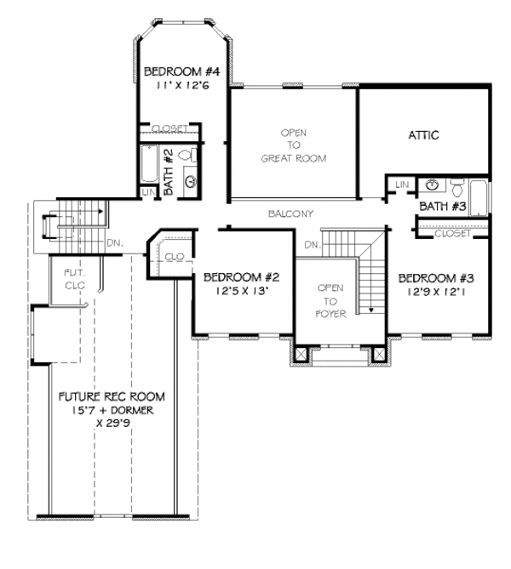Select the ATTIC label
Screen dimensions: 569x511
pos(423,135)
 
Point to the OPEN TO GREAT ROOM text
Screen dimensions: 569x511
pos(293,145)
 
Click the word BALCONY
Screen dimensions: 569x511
pos(290,213)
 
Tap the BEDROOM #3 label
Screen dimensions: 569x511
pos(430,277)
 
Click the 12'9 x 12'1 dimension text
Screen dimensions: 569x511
pos(430,293)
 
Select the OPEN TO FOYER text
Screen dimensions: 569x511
pos(330,300)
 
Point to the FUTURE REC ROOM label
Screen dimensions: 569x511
pos(112,397)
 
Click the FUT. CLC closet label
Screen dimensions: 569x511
pos(77,279)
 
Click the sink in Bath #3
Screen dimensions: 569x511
pos(433,185)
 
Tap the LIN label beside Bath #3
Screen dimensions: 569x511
pos(402,185)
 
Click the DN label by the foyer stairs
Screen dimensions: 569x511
pos(312,245)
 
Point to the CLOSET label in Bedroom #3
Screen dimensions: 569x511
pos(451,232)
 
